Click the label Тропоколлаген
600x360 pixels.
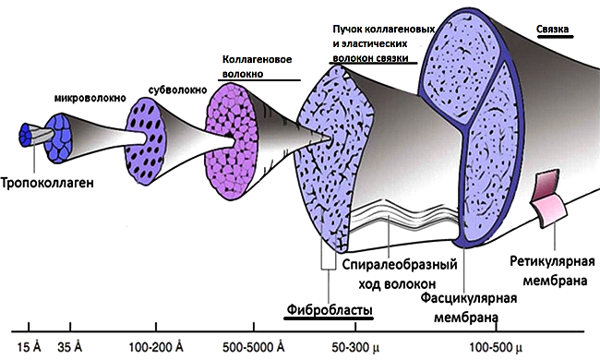click(x=47, y=183)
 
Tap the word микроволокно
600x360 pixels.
click(x=90, y=99)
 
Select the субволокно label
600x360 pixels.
click(x=177, y=90)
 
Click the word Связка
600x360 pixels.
click(x=552, y=29)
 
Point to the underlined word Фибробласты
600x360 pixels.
click(x=330, y=309)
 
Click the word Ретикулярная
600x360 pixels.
click(x=552, y=261)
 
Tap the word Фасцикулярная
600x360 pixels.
click(x=469, y=298)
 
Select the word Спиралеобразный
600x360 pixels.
click(x=400, y=264)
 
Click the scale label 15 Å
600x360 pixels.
click(x=30, y=347)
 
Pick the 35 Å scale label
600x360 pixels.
click(x=69, y=347)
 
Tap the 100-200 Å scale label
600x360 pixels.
click(x=156, y=347)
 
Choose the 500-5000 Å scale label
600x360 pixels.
click(x=253, y=347)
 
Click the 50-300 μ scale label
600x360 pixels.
click(x=355, y=347)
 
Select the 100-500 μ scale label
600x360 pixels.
click(x=496, y=347)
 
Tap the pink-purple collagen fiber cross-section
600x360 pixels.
click(x=229, y=141)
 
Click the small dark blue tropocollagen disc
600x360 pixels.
click(x=27, y=135)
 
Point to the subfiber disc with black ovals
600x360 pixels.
click(x=146, y=141)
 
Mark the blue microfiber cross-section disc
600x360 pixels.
click(x=58, y=138)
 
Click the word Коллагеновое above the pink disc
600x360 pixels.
click(x=258, y=60)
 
